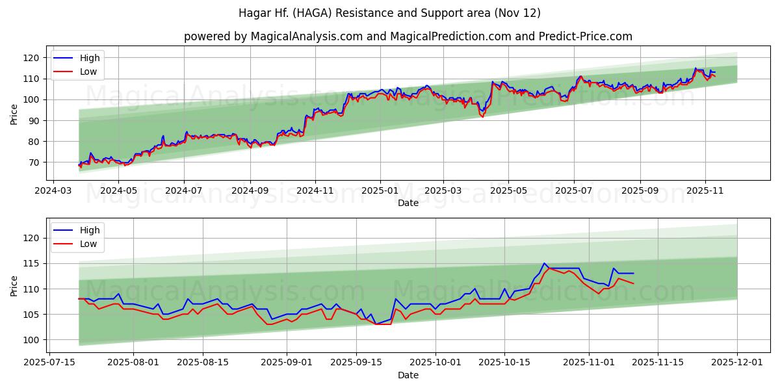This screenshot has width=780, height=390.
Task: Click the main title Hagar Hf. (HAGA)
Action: click(x=389, y=13)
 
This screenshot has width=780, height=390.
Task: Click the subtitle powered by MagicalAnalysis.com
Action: click(x=408, y=36)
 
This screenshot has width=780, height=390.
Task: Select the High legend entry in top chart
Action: click(x=89, y=58)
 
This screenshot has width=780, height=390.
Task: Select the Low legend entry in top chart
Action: click(x=88, y=71)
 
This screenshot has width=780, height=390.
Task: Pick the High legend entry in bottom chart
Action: click(x=89, y=230)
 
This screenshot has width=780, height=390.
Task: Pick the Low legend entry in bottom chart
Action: click(x=88, y=244)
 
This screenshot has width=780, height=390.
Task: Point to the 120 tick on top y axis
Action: click(x=32, y=58)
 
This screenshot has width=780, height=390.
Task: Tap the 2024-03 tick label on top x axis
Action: click(x=53, y=192)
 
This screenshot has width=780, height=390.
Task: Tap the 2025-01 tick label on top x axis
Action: click(x=380, y=192)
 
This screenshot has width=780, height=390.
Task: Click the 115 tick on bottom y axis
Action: click(x=32, y=263)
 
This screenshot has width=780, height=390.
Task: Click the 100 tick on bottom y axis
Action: click(x=32, y=340)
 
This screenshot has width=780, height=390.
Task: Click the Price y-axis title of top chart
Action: click(x=14, y=114)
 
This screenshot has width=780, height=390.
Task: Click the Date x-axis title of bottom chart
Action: click(x=408, y=375)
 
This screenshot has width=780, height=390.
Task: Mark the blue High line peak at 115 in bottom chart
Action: click(x=544, y=263)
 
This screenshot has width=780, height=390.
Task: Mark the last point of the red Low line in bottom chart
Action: click(x=633, y=283)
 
